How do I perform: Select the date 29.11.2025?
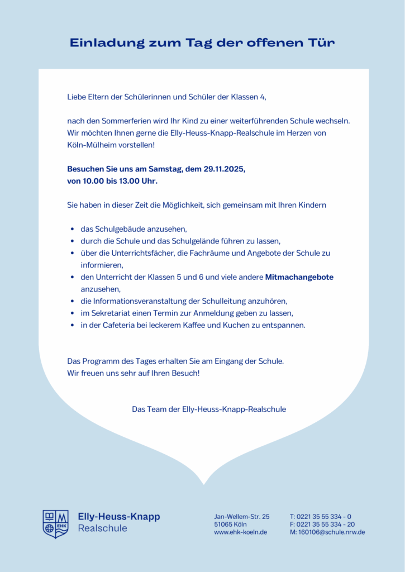click(x=225, y=169)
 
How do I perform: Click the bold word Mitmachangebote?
click(x=299, y=277)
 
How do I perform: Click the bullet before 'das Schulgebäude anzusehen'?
click(x=73, y=229)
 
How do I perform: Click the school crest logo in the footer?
click(x=55, y=524)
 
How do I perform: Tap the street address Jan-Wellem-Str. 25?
click(x=241, y=516)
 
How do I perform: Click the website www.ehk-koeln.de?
click(x=240, y=532)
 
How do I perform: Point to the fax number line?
click(x=322, y=524)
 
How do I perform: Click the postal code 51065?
click(x=223, y=524)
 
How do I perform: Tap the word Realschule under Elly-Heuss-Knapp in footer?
click(x=102, y=528)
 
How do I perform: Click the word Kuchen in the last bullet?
click(x=242, y=325)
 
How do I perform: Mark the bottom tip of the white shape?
click(x=204, y=483)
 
